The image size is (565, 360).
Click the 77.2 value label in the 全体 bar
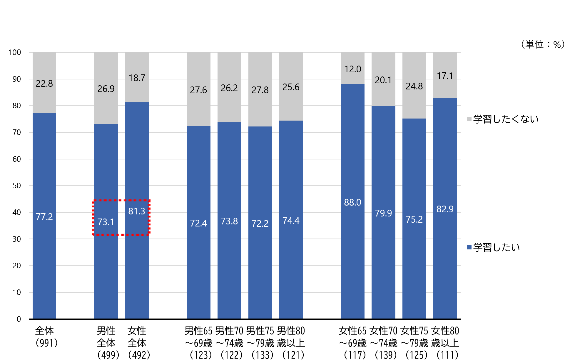[44, 217]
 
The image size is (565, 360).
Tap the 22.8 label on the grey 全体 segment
[44, 84]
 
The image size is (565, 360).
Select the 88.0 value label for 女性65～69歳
[352, 202]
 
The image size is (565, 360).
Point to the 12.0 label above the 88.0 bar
[352, 69]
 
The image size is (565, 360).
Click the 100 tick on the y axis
[15, 52]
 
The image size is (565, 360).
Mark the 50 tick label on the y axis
[16, 186]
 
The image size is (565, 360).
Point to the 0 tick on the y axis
[19, 319]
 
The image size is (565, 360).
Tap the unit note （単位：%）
[543, 44]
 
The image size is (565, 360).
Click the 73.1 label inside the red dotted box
[106, 222]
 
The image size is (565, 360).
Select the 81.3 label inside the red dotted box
[137, 211]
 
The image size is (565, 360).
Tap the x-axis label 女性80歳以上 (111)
[445, 343]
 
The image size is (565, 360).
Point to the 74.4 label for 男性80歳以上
[291, 221]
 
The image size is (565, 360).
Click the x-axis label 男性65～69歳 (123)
[199, 343]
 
